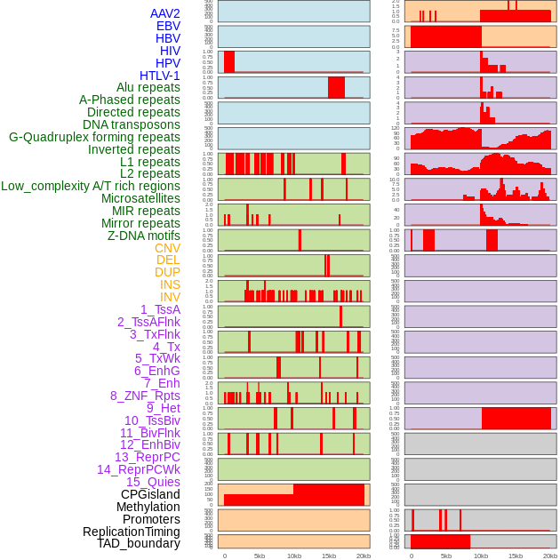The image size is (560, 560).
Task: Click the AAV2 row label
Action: pos(164,13)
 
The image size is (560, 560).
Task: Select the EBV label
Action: pos(168,26)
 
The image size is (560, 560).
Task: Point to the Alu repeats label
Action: pos(148,87)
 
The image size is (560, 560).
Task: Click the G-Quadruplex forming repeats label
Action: pos(94,137)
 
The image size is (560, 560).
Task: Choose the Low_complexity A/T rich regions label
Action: pos(91,186)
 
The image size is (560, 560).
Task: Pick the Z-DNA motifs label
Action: pos(144,236)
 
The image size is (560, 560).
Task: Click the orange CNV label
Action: pos(167,248)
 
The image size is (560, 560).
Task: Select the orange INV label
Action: pos(170,297)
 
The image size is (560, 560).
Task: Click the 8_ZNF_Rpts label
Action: pos(145,396)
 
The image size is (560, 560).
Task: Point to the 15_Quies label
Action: pos(153,482)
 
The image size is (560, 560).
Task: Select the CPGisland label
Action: pos(150,494)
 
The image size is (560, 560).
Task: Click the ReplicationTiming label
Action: pos(131,532)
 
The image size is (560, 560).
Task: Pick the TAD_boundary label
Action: pos(139,543)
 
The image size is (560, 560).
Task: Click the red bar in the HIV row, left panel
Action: pos(229,61)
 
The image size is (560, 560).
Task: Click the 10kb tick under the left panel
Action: pos(293,556)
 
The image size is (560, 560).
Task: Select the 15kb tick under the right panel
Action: pos(515,556)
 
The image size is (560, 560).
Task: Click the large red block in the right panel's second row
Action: pos(445,36)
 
